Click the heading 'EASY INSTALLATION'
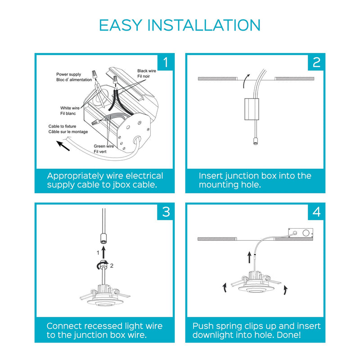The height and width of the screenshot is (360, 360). coord(180,25)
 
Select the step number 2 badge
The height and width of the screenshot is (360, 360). coord(316,62)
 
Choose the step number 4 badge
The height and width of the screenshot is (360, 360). coord(316,211)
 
